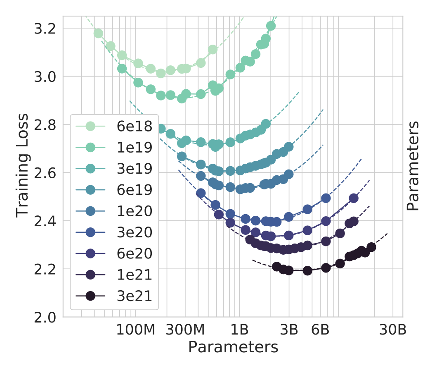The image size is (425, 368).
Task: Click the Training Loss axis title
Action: [23, 165]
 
